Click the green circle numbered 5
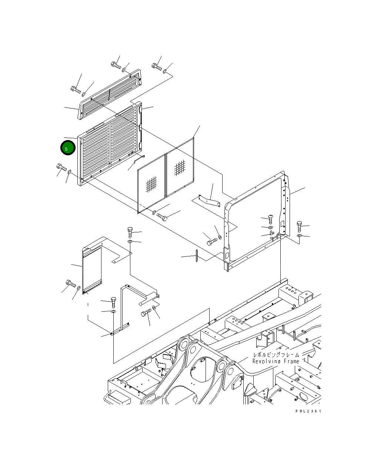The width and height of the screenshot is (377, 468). point(68,148)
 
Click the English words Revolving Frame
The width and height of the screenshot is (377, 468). point(276,361)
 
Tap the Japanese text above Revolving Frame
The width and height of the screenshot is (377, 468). point(276,355)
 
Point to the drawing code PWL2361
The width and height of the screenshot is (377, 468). point(308,411)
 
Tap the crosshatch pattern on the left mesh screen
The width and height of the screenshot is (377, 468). point(151,185)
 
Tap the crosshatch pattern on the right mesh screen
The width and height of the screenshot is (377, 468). point(180,167)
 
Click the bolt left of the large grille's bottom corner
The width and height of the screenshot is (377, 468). point(61,167)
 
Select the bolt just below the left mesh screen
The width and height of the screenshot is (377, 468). point(162,217)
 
